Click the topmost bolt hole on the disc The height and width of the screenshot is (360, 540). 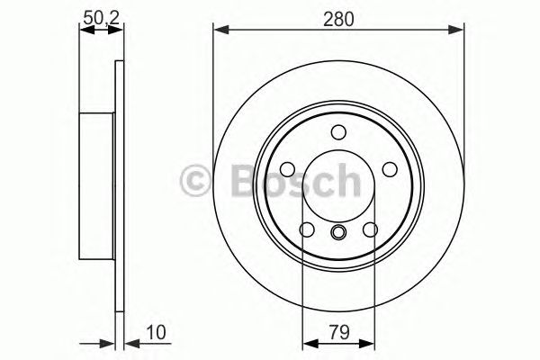point(338,132)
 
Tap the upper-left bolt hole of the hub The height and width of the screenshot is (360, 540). point(285,169)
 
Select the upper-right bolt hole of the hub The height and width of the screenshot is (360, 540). point(391,169)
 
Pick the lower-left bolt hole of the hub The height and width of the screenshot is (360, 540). point(306,231)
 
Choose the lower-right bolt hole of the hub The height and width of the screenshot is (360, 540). point(371,231)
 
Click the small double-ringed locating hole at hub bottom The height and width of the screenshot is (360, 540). point(338,235)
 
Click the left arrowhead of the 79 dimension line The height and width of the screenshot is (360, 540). point(309,343)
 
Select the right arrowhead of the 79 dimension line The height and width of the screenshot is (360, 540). point(368,343)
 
